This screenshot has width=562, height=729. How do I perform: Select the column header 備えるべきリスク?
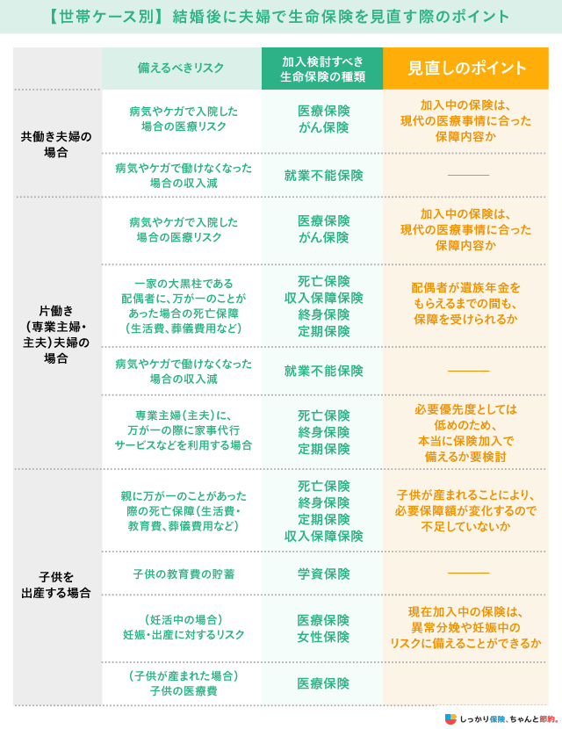pos(181,68)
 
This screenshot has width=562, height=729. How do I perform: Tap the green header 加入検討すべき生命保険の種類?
pos(322,69)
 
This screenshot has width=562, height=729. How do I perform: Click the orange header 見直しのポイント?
pos(466,69)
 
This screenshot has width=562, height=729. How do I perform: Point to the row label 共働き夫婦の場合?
pos(56,144)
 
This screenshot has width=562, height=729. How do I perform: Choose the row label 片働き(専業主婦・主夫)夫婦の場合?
pos(56,335)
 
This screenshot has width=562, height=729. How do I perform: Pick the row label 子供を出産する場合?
pos(56,585)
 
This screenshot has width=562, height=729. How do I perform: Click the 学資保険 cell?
pos(323,574)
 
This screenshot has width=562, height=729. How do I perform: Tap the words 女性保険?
pos(323,637)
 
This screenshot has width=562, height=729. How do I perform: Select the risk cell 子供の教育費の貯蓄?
pos(184,574)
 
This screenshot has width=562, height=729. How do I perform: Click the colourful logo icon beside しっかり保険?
pos(450,718)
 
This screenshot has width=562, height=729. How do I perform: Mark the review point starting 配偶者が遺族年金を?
pos(465,304)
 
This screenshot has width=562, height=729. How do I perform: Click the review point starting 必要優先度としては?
pos(465,433)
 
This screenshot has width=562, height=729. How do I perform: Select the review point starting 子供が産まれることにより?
pos(465,510)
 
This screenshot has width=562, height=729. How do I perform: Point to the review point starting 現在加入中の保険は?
pos(465,627)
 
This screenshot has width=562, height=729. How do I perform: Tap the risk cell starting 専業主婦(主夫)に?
pos(184,430)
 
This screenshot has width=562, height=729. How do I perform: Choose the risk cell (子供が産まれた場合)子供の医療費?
pos(184,683)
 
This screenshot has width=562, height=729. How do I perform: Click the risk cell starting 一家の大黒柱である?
pos(184,306)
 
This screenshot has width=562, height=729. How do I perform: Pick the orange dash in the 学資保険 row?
pos(468,573)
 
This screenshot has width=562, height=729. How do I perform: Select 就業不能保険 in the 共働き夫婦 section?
pos(323,176)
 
